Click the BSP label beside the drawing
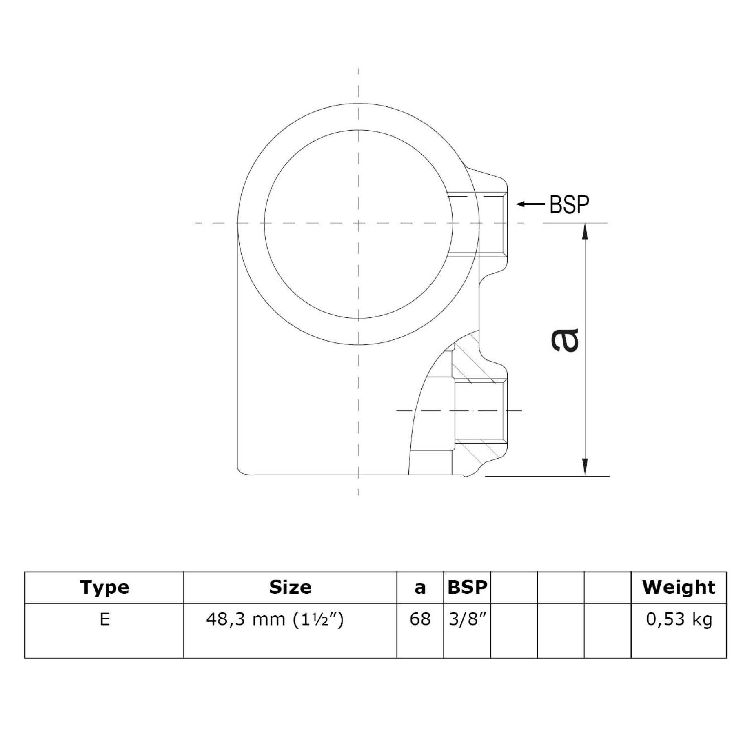tap(569, 205)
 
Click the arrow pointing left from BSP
tap(530, 204)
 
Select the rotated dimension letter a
tap(566, 340)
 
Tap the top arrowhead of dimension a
tap(586, 232)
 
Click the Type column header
tap(104, 588)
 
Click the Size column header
tap(290, 588)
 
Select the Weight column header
tap(679, 588)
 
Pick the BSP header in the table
tap(467, 588)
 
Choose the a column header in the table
tap(420, 588)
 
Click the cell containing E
tap(104, 619)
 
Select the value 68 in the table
tap(420, 619)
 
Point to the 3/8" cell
tap(467, 619)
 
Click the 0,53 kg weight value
tap(679, 619)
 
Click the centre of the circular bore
tap(358, 224)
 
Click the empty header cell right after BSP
tap(514, 588)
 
